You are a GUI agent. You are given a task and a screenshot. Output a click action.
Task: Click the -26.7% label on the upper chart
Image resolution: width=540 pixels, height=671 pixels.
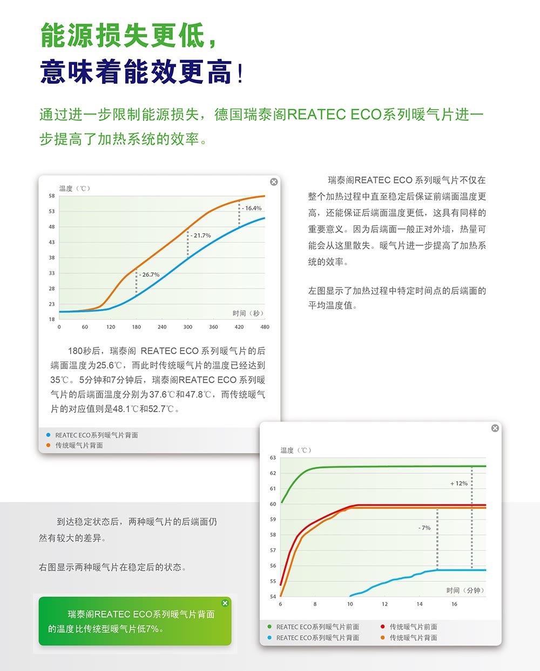coord(150,275)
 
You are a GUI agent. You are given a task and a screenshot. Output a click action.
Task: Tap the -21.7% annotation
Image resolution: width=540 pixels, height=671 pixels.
coord(201,236)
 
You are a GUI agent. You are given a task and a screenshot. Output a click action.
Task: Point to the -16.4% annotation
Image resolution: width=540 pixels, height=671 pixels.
coord(252,208)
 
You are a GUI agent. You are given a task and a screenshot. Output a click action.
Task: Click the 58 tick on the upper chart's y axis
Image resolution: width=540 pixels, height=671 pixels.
coord(52,196)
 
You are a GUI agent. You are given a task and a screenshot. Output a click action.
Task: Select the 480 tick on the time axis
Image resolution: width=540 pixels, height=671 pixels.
coord(265,327)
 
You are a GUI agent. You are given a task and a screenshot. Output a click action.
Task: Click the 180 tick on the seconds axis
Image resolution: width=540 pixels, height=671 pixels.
coord(136,327)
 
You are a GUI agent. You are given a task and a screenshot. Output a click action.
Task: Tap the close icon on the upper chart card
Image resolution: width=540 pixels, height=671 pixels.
coord(274,182)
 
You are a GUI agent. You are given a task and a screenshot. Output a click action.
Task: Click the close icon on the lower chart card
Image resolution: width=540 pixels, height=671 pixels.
coord(495,428)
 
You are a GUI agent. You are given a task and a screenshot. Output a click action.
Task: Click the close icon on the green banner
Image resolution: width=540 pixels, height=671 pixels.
coord(225,603)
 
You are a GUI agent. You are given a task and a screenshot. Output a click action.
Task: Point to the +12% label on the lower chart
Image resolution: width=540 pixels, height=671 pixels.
coord(459,484)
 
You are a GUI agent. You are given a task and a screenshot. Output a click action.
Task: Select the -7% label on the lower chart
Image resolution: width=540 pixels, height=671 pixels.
coord(424,528)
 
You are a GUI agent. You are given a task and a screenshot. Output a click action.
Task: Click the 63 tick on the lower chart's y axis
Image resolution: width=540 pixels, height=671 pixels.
coord(273,458)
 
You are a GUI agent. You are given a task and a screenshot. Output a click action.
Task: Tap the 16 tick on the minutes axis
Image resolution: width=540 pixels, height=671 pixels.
coord(454,604)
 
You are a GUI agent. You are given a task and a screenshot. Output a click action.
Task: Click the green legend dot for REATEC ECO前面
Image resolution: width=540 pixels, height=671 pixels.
coord(269,627)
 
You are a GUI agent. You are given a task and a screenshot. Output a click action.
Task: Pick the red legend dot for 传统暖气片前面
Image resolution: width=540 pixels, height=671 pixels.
coord(382,627)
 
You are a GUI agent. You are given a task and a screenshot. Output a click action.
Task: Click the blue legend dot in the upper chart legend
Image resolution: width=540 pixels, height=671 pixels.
coord(48,435)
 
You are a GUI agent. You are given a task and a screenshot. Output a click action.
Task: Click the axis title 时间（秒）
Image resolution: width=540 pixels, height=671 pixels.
coord(248,313)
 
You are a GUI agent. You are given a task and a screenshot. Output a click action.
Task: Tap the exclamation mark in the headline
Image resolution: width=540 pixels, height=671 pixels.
coord(240,73)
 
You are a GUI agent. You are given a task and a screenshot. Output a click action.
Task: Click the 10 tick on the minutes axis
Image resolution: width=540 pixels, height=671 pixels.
coord(350,604)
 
